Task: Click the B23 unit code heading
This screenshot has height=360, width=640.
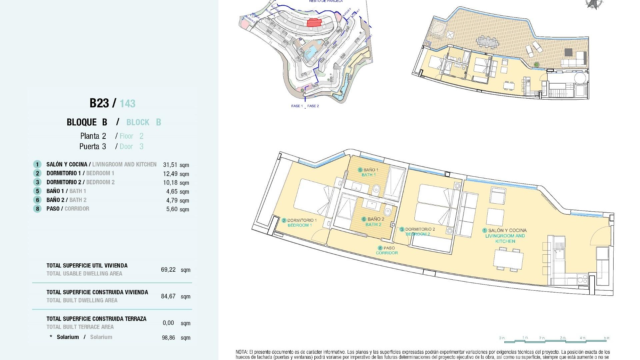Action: (99, 103)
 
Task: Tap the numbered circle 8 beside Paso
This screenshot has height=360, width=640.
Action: (37, 209)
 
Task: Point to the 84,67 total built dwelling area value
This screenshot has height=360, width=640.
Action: (168, 296)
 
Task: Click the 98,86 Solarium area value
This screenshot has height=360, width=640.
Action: (168, 338)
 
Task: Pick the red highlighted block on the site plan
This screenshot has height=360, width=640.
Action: (314, 23)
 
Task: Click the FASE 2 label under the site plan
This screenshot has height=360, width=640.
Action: (313, 106)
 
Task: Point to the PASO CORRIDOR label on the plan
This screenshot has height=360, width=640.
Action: (387, 250)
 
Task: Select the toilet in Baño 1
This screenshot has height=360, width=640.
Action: (376, 190)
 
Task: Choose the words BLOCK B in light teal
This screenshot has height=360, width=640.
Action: (144, 122)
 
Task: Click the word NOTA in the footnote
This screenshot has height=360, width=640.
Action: (241, 352)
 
